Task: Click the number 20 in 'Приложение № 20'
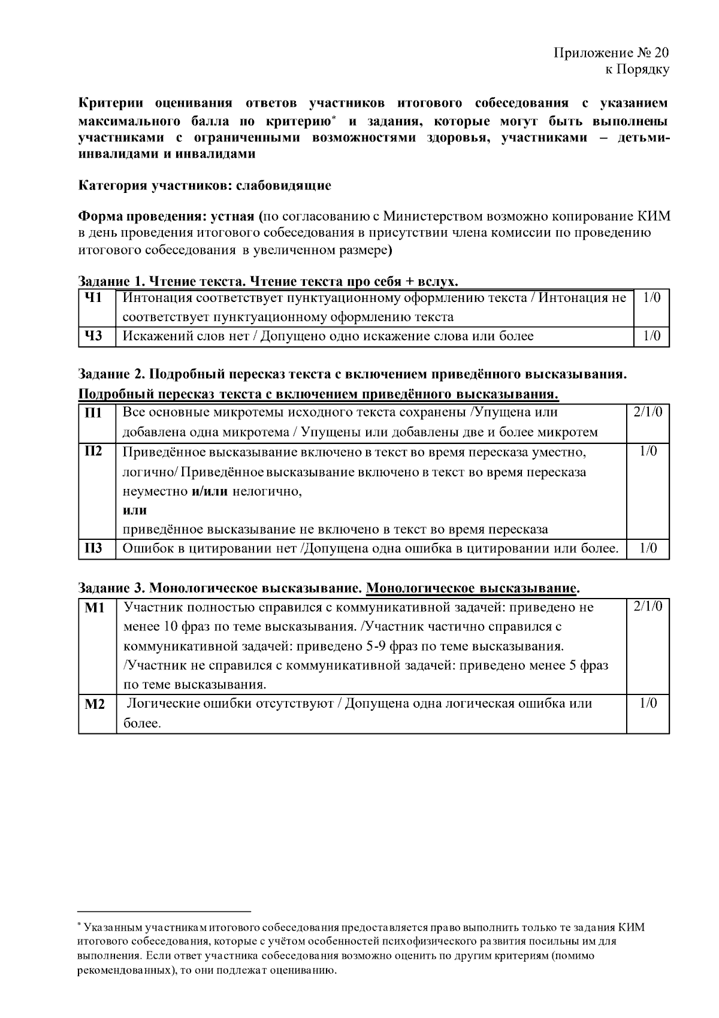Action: (661, 52)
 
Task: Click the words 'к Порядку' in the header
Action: (637, 70)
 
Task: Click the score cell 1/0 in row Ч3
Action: (651, 336)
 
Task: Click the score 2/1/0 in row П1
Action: (648, 412)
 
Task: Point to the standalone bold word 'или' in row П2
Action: (135, 510)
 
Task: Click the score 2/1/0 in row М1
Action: (648, 606)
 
